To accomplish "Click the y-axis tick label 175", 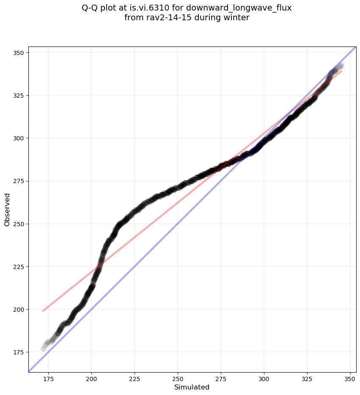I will (x=20, y=352).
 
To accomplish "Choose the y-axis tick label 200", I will (x=20, y=310).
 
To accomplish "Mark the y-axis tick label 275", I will (x=20, y=181).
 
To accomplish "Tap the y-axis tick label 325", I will (x=20, y=96).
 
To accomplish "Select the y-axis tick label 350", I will (x=20, y=53).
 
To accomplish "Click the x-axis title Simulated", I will (x=192, y=387).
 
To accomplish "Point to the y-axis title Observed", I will (x=7, y=210).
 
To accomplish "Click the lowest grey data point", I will (x=44, y=348).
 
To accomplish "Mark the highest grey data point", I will (x=341, y=66).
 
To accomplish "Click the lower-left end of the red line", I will (x=43, y=311).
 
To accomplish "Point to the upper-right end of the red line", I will (x=341, y=71).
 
